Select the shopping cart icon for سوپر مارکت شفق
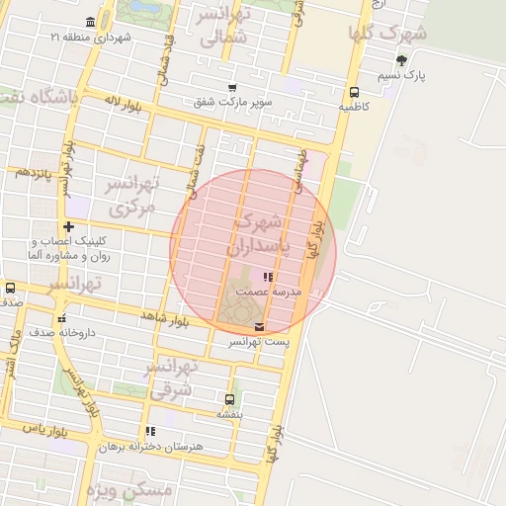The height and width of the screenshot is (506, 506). [x=232, y=87]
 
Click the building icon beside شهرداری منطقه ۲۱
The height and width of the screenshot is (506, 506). [x=91, y=22]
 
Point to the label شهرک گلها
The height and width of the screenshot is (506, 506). [x=387, y=32]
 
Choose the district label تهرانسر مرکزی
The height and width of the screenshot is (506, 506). [x=132, y=196]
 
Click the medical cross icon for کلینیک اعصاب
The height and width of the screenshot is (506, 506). [x=67, y=227]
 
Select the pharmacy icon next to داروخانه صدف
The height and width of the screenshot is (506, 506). [x=61, y=318]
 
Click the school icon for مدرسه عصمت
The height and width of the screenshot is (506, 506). [x=268, y=277]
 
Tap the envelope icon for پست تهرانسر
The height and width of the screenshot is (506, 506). [x=259, y=326]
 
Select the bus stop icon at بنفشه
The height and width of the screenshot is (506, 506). [x=230, y=400]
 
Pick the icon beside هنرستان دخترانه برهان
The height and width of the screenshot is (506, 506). [x=150, y=431]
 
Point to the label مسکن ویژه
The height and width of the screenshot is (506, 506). [x=128, y=490]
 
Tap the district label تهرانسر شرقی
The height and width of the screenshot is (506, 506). [x=174, y=379]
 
